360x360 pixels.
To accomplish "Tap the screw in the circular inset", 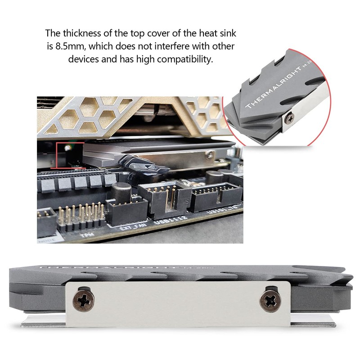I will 290,117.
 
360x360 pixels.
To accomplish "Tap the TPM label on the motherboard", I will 83,235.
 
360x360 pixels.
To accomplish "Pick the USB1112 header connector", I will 162,198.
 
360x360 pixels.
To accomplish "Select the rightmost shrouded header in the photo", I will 214,198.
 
